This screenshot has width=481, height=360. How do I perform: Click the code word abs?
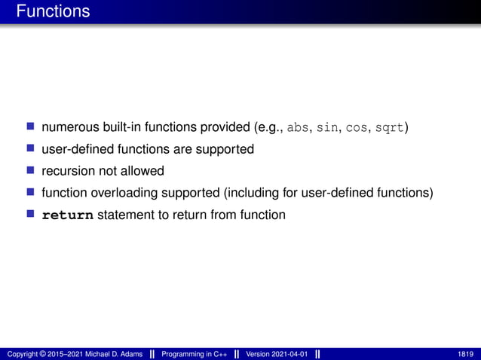click(x=299, y=127)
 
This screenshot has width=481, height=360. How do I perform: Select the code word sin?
click(x=327, y=127)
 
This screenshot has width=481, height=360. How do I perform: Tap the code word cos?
click(x=357, y=127)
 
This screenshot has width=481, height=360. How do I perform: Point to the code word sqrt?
click(x=390, y=127)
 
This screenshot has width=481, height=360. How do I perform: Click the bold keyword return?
click(x=68, y=215)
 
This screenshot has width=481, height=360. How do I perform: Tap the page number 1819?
click(x=465, y=354)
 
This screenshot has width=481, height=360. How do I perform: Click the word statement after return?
click(x=125, y=215)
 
